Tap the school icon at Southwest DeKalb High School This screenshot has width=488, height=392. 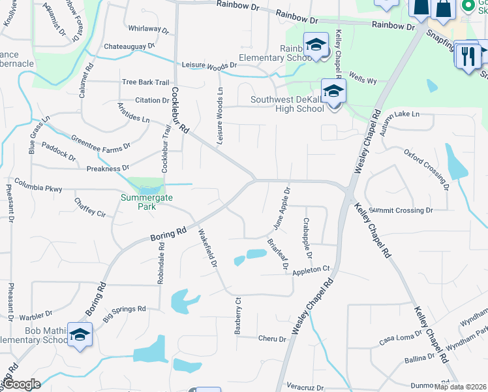tap(333, 91)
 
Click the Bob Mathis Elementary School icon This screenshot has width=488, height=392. tap(80, 335)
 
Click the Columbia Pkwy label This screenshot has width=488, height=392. tap(38, 188)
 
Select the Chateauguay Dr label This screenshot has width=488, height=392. tap(129, 46)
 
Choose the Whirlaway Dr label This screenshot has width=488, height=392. tap(149, 29)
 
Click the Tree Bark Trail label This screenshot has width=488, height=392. tap(146, 82)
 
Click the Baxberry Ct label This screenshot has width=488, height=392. tap(238, 316)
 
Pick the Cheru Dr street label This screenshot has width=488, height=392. tap(272, 339)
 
